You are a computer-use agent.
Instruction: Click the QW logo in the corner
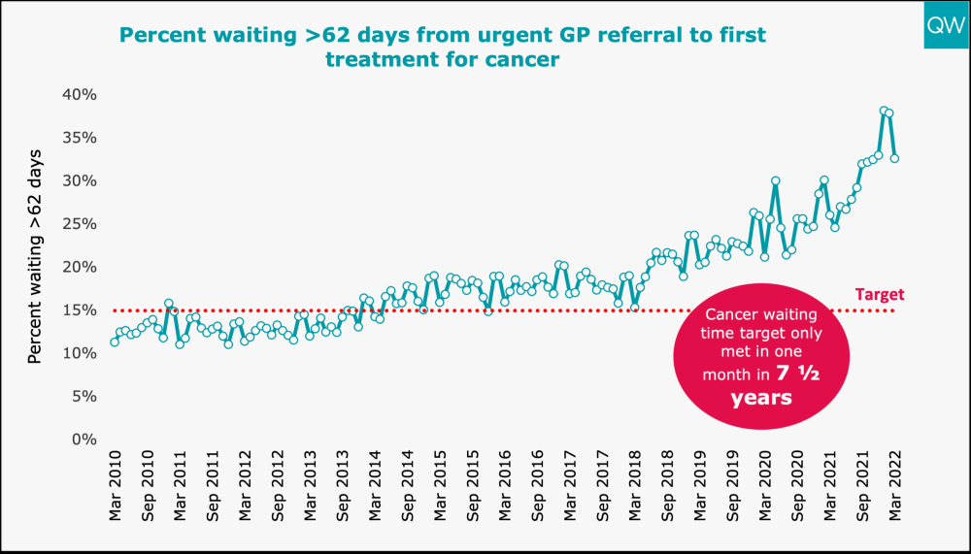coord(945,25)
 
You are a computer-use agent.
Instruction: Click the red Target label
coord(880,294)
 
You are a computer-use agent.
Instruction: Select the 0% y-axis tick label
coord(83,439)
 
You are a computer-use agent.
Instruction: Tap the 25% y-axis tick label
coord(78,223)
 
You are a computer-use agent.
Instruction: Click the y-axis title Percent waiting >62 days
coord(35,256)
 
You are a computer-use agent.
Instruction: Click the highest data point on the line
coord(884,111)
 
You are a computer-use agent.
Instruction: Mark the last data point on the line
coord(894,158)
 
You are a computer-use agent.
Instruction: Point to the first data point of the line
coord(115,342)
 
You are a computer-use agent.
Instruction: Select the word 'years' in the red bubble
coord(761,398)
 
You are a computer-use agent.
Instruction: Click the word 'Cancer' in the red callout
coord(730,315)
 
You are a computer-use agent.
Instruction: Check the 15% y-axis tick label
coord(78,310)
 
